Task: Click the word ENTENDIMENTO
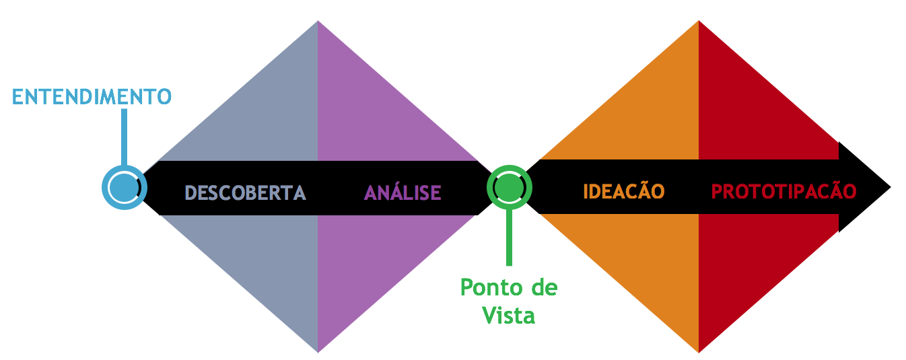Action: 92,96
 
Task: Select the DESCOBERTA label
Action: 245,192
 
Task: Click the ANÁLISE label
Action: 403,192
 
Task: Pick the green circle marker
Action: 509,187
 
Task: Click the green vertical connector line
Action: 509,236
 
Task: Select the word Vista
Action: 509,315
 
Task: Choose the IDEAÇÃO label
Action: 623,191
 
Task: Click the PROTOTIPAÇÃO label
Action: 783,191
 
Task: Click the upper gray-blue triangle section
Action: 269,114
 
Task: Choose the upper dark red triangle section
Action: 747,114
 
